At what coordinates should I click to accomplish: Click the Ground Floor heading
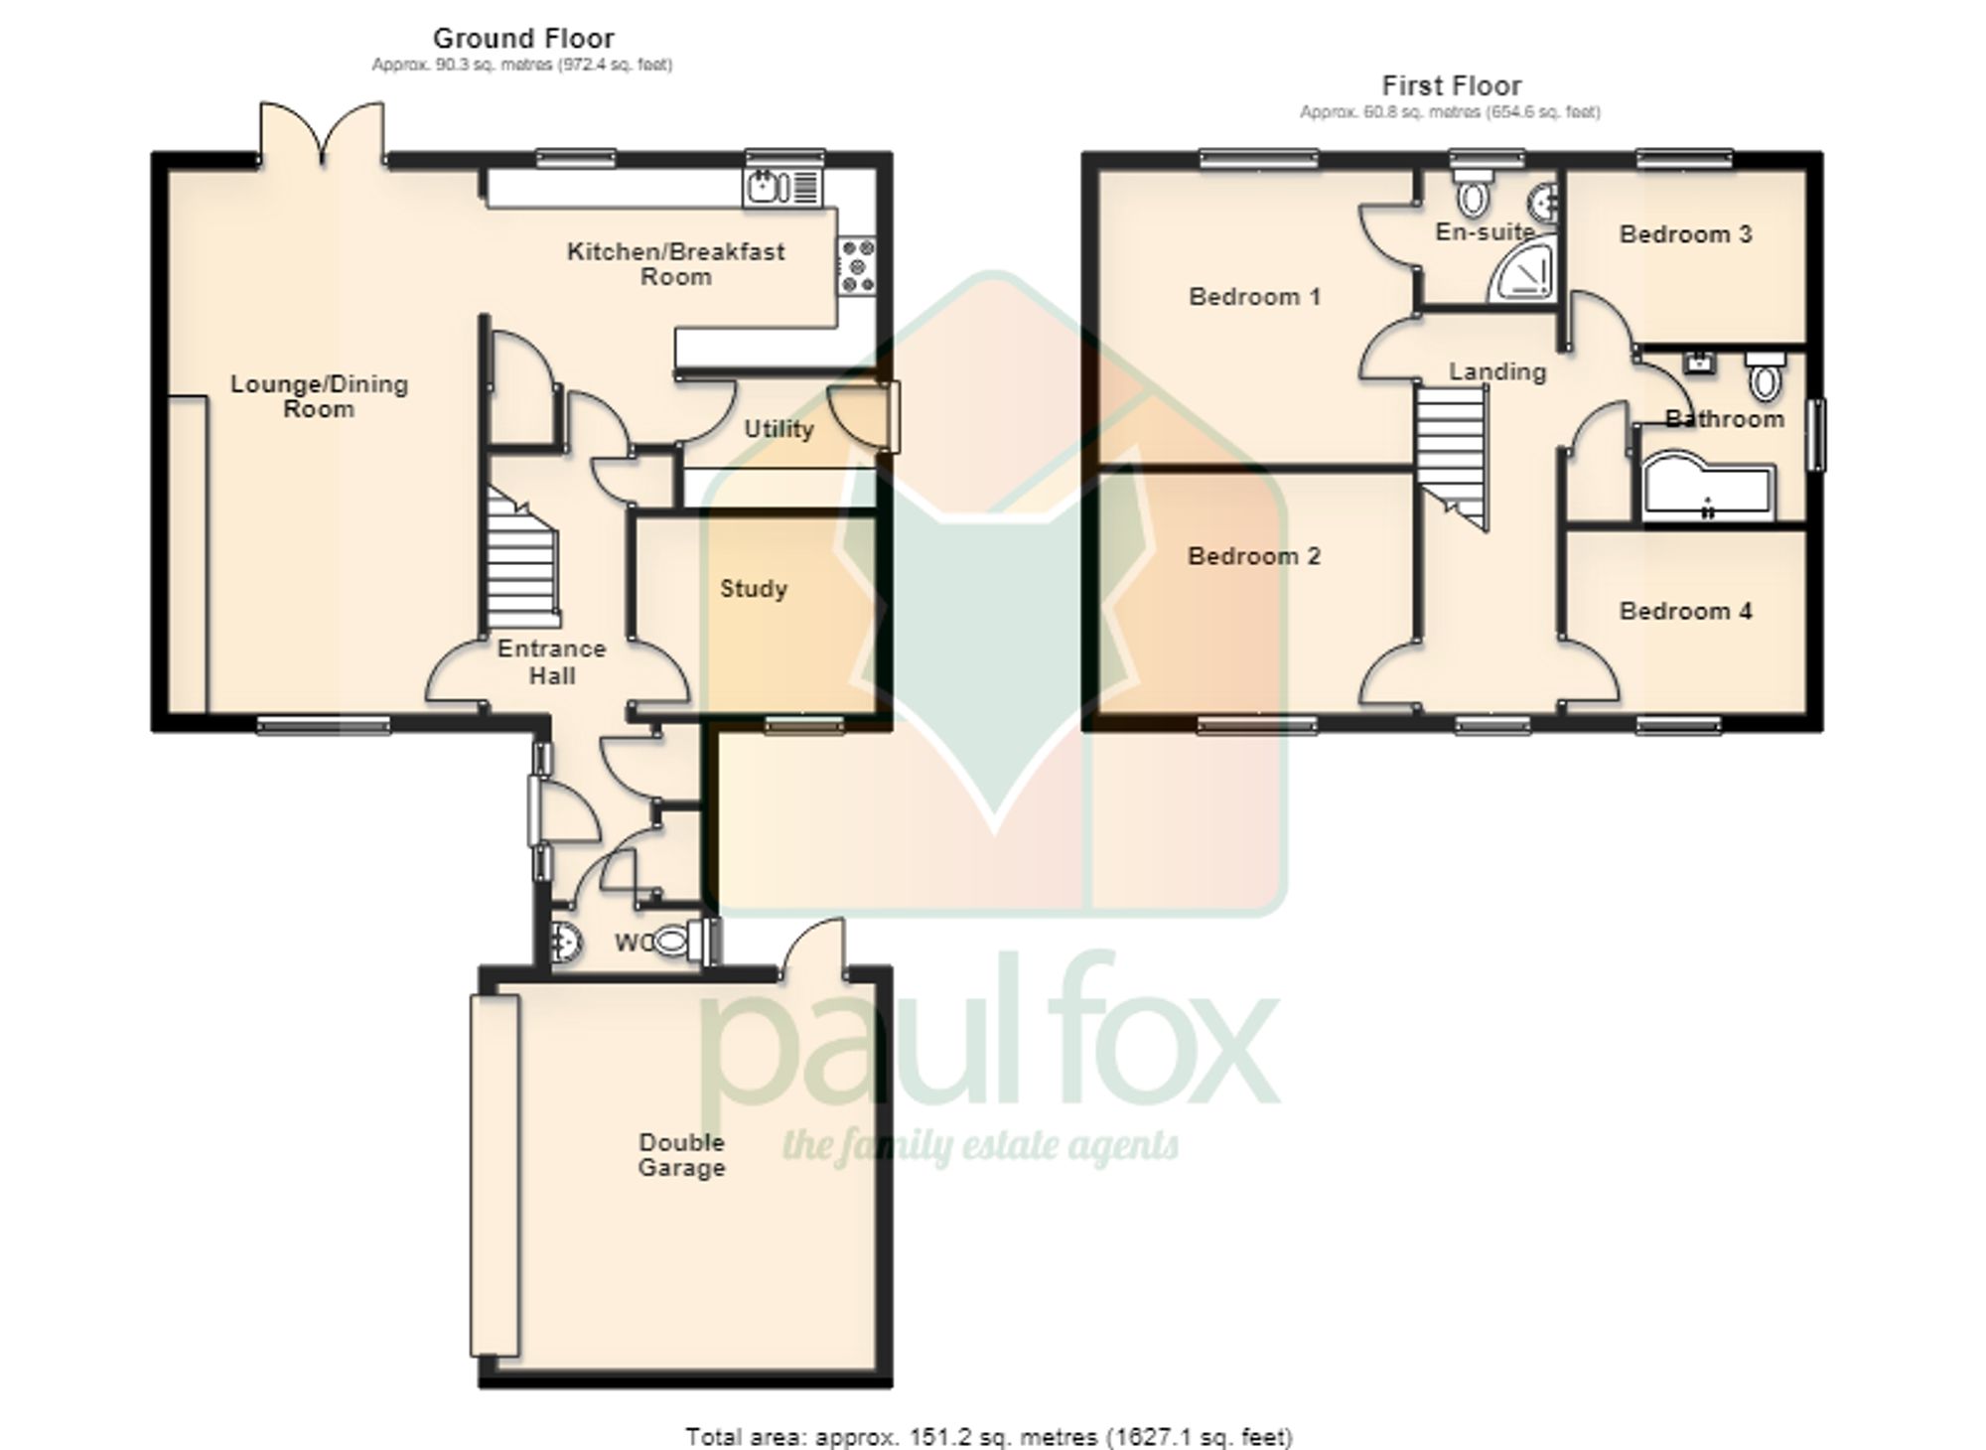coord(523,39)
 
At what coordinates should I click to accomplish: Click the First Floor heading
coord(1451,85)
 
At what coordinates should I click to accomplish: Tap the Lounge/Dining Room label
coord(319,396)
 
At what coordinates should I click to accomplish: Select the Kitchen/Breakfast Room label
coord(675,264)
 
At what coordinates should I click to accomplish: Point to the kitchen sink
coord(781,186)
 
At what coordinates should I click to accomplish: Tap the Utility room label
coord(779,429)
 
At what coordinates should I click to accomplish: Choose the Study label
coord(753,589)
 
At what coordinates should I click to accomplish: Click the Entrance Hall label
coord(551,662)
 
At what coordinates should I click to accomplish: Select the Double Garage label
coord(681,1155)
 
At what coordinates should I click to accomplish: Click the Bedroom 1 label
coord(1254,297)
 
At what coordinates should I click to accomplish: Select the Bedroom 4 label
coord(1685,611)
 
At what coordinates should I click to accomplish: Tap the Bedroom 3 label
coord(1685,234)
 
